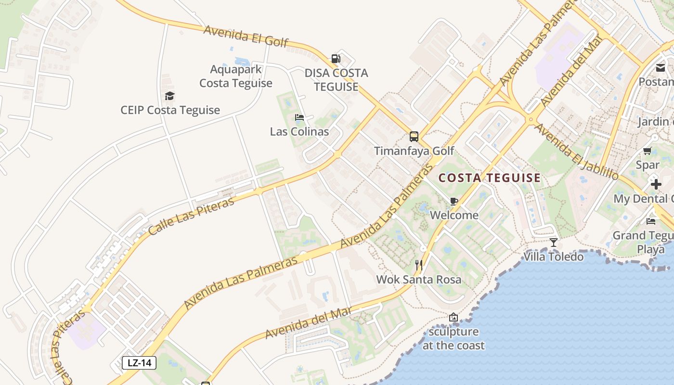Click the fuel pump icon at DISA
(x=336, y=59)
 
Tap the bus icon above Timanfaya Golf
(x=414, y=137)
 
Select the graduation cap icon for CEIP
(x=169, y=96)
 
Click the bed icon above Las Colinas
(x=299, y=117)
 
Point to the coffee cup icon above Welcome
(x=454, y=201)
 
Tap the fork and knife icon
(x=419, y=265)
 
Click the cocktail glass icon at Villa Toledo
(x=554, y=242)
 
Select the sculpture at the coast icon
(x=453, y=317)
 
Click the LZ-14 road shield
(x=139, y=362)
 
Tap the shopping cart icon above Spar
(x=648, y=151)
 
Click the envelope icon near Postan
(x=661, y=68)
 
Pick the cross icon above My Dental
(x=656, y=184)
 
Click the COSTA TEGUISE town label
(x=490, y=178)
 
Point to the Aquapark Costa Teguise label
(x=236, y=76)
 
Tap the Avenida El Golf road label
(x=246, y=36)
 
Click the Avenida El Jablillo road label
(x=576, y=152)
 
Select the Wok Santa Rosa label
(x=418, y=280)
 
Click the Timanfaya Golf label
(x=414, y=151)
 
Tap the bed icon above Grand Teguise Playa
(x=651, y=221)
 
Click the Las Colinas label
(x=299, y=131)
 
